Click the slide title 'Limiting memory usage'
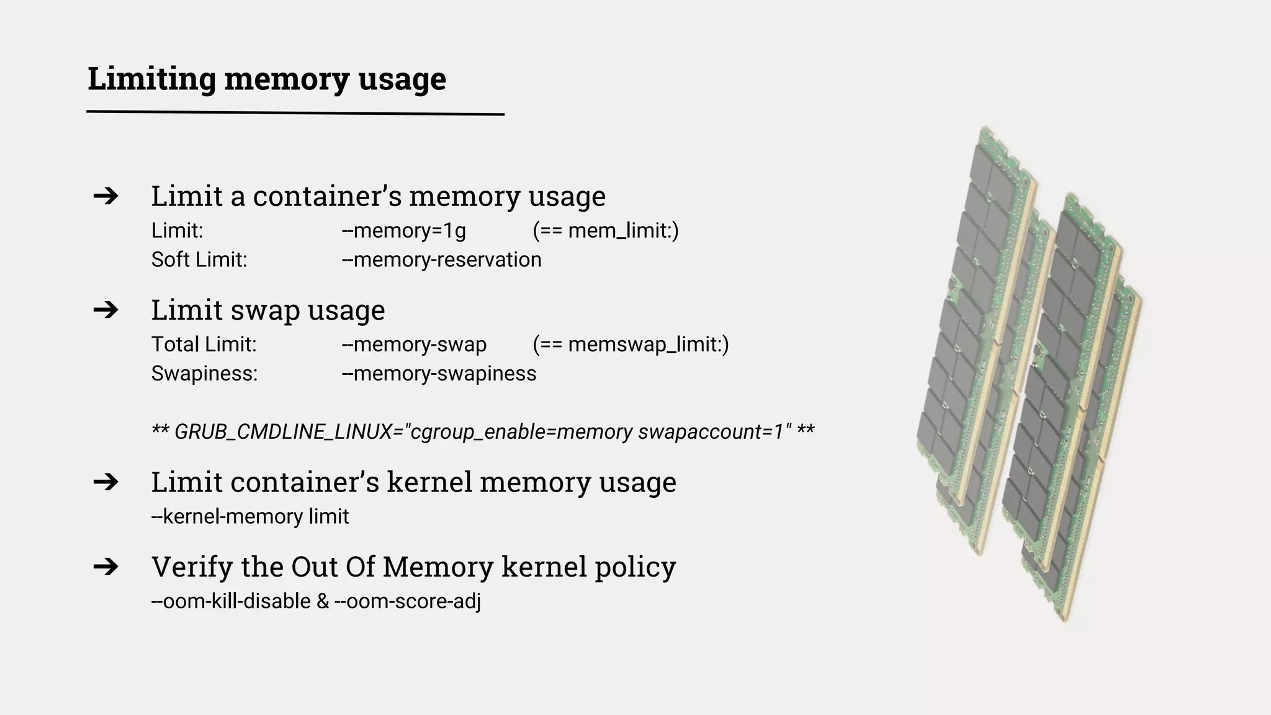tap(267, 79)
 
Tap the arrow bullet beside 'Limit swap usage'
tap(106, 310)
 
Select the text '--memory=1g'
tap(404, 231)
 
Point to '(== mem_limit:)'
tap(606, 231)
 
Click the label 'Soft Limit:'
tap(199, 260)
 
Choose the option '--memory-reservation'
tap(442, 260)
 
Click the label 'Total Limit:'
tap(204, 344)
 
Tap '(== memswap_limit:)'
tap(631, 344)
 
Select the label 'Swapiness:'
tap(205, 374)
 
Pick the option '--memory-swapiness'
tap(439, 374)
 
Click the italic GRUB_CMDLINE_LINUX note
tap(483, 431)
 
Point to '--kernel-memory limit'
tap(250, 516)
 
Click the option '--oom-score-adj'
tap(408, 601)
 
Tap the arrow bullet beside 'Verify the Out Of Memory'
tap(106, 567)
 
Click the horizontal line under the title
tap(295, 113)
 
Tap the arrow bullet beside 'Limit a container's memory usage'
tap(106, 196)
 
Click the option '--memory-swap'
tap(415, 344)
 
